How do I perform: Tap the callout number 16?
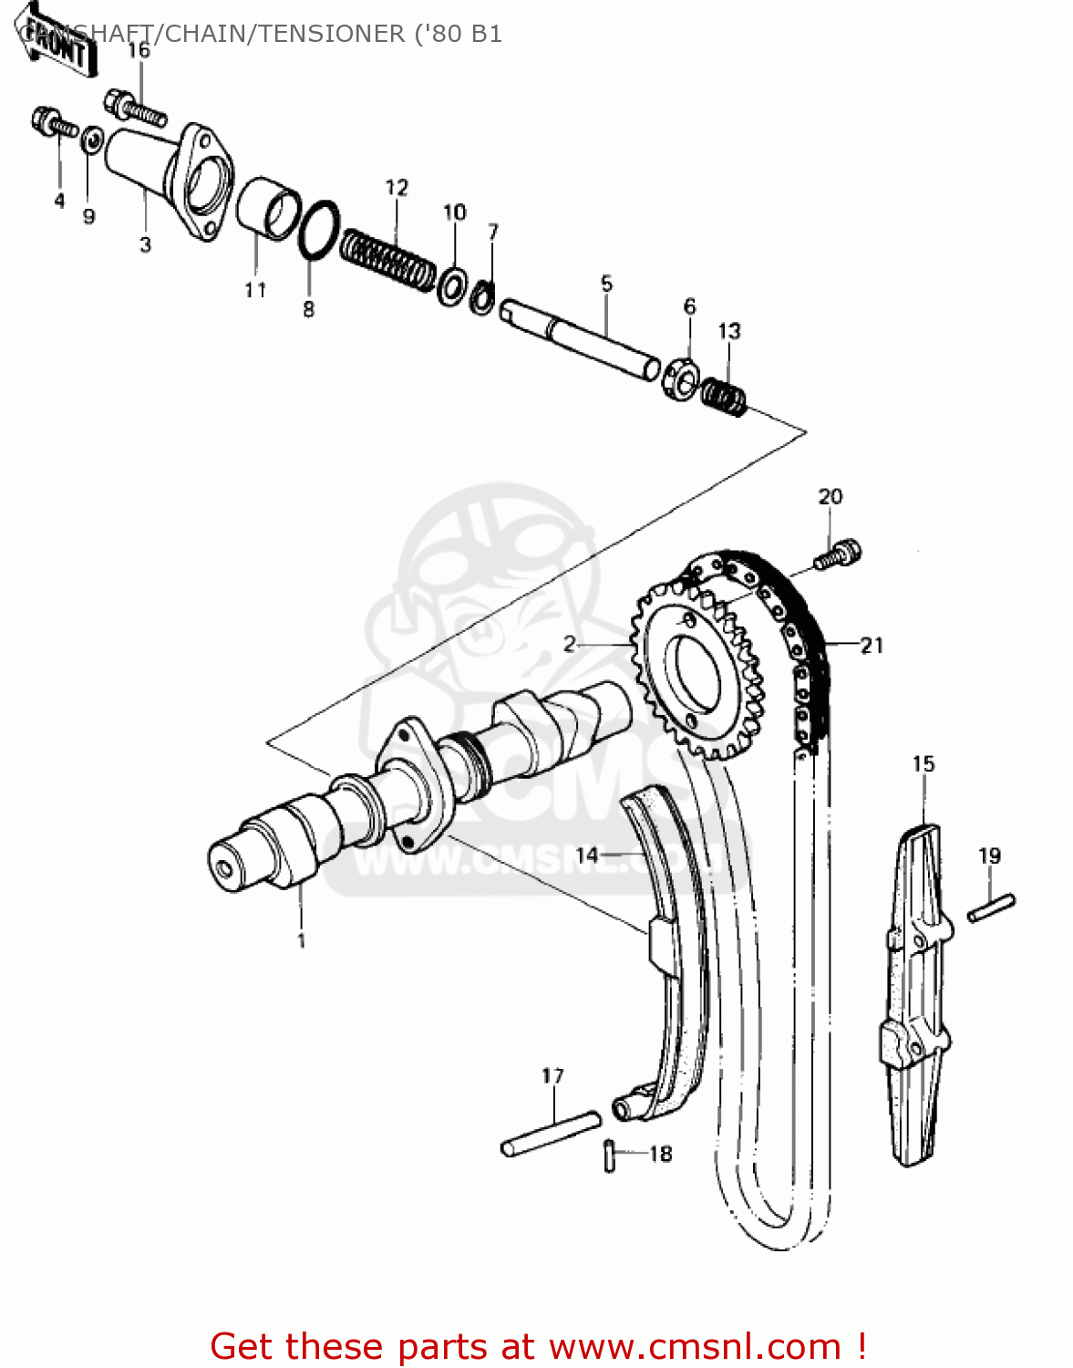139,50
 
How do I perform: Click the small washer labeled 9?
91,140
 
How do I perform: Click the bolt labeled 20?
838,554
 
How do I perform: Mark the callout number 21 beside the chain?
872,646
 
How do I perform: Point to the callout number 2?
570,645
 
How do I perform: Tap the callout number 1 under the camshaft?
301,939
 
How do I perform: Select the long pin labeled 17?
551,1133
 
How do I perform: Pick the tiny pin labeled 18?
610,1155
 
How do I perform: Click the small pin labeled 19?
991,907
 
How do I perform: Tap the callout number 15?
923,763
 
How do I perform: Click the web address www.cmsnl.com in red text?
695,1346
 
